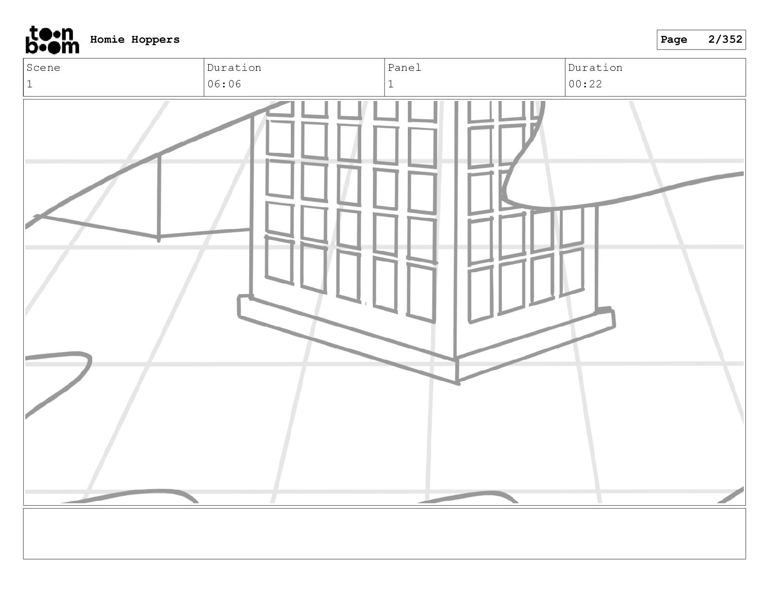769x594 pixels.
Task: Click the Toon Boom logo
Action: (52, 40)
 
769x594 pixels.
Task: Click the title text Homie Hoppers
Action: (134, 40)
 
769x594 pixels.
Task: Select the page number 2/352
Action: (725, 39)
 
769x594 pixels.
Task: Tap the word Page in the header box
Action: (674, 40)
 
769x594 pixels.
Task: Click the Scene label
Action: (43, 68)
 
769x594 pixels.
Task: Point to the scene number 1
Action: (30, 84)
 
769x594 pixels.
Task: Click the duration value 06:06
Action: (224, 84)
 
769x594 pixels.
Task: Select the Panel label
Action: (404, 68)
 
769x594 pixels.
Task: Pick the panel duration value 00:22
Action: (585, 84)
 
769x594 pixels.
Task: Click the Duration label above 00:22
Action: (595, 68)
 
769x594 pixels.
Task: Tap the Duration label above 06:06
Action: (234, 68)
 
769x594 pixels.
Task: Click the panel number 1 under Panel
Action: (391, 84)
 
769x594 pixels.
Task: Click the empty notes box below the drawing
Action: (384, 533)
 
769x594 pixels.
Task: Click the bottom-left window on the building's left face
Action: (279, 260)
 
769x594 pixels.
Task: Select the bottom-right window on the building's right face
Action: (571, 272)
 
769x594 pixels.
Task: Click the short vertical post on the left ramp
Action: (159, 197)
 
